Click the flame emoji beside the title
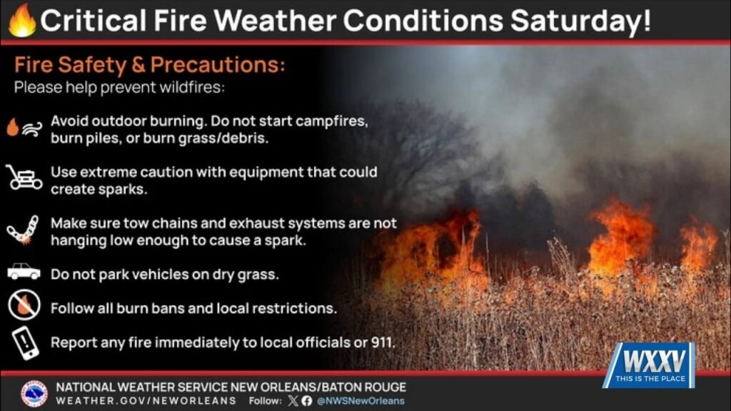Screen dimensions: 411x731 click(22, 21)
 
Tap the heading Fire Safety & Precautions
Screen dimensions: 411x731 click(149, 65)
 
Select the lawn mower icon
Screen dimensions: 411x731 click(24, 178)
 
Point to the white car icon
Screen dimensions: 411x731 click(24, 272)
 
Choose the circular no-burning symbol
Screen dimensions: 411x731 click(24, 307)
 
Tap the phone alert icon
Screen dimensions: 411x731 click(24, 342)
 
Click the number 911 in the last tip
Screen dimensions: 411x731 click(382, 342)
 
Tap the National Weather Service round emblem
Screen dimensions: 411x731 click(34, 393)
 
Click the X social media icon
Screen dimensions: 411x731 click(291, 401)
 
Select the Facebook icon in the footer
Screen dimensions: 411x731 click(306, 401)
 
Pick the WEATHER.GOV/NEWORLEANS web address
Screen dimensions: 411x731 click(146, 401)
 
